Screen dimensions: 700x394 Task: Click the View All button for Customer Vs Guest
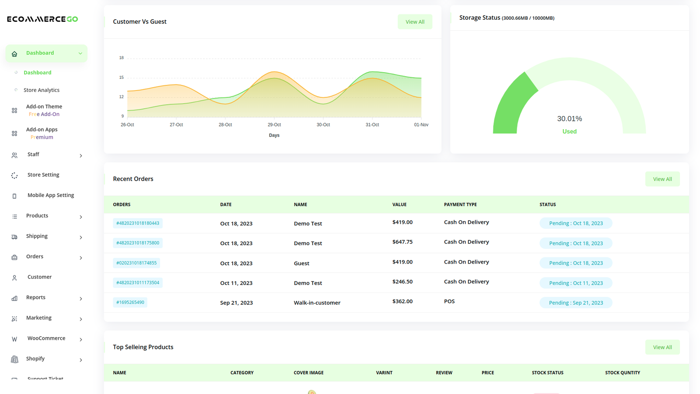415,21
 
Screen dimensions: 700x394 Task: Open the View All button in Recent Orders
662,179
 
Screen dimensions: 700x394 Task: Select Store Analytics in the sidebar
42,90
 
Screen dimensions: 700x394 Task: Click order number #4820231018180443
137,223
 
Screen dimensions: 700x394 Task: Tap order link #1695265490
130,303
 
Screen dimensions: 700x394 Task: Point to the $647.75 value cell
402,242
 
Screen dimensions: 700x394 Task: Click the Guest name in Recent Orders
301,263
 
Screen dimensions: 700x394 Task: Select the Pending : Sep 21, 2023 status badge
576,303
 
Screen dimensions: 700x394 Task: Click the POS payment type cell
449,301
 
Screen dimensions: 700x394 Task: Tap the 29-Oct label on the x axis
274,124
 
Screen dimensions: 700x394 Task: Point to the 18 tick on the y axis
121,58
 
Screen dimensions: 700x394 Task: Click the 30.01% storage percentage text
569,119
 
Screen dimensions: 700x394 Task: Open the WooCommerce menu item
46,338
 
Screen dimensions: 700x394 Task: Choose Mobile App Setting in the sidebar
51,195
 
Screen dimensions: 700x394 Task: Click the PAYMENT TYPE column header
460,204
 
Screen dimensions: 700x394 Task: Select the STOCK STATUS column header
547,373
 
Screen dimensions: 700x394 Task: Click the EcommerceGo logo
42,19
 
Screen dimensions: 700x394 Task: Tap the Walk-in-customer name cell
317,303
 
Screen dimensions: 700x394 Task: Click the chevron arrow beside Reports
81,299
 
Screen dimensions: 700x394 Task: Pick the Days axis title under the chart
274,135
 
